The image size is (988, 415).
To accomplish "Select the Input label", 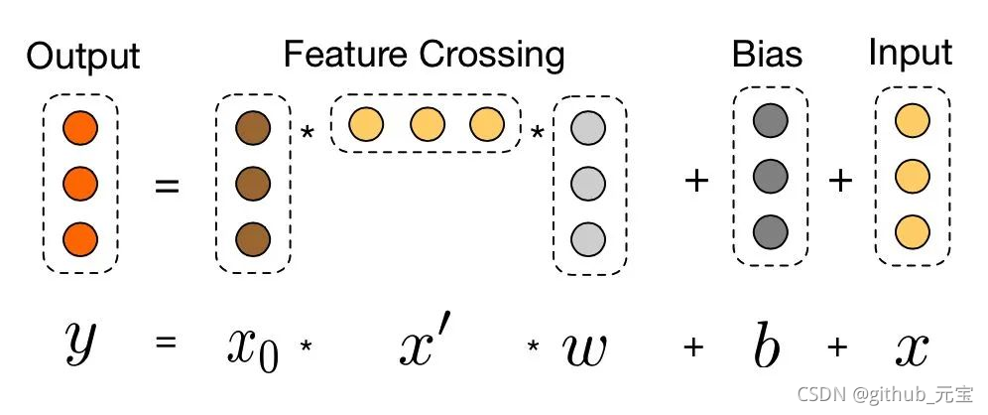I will [x=910, y=53].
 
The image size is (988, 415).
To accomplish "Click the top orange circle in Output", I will [x=79, y=128].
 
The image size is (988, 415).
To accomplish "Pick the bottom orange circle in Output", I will [x=79, y=239].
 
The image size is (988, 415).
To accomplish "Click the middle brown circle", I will [x=253, y=184].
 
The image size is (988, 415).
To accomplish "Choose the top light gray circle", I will [x=589, y=128].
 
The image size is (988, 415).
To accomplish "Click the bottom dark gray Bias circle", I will [x=771, y=232].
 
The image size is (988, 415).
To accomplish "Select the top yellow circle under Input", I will [x=911, y=122].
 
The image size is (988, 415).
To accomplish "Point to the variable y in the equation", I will [x=79, y=343].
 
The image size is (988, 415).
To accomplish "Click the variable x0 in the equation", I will [x=250, y=346].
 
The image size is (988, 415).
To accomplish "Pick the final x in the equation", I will [x=910, y=346].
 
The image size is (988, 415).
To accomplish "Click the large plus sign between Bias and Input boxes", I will [x=840, y=181].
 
